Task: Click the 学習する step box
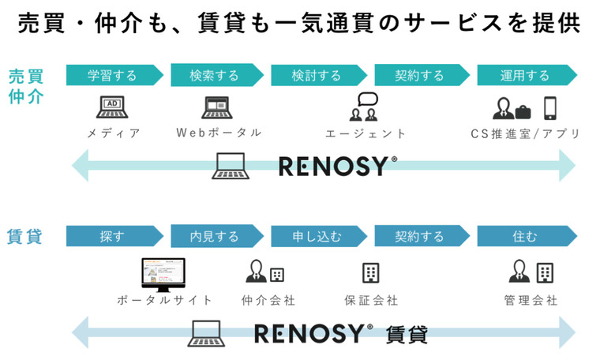click(x=112, y=76)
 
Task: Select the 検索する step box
click(x=215, y=76)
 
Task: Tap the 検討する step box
click(x=317, y=76)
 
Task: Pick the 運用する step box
click(x=524, y=76)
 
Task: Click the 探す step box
click(x=112, y=236)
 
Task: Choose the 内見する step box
click(x=215, y=236)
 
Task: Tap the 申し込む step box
click(x=317, y=236)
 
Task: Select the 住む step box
click(x=524, y=236)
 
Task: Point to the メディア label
click(x=113, y=133)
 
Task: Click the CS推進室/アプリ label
click(x=525, y=133)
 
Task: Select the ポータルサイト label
click(x=164, y=301)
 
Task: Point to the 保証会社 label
click(x=371, y=301)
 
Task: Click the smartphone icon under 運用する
click(x=550, y=107)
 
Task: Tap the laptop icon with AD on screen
click(x=112, y=107)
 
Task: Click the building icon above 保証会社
click(x=371, y=273)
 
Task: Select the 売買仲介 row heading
click(x=27, y=87)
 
